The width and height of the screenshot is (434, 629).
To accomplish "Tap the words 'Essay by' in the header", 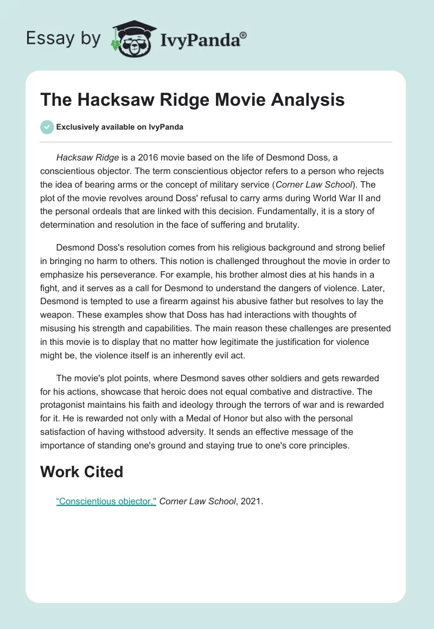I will [64, 39].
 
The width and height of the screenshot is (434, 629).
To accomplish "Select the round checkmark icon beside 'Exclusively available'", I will [47, 127].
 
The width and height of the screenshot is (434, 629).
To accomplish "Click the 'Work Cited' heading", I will [82, 472].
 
